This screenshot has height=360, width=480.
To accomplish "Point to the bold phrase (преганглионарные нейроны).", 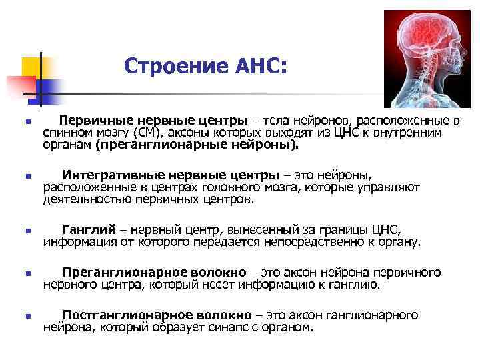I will click(x=197, y=144).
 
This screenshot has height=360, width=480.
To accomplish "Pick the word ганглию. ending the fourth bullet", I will click(x=356, y=285).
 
